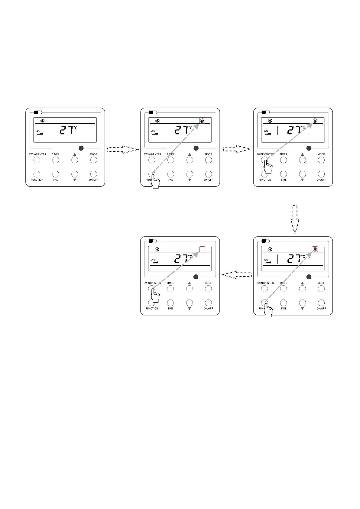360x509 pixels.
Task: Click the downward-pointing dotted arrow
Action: (x=295, y=219)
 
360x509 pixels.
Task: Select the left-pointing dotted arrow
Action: (x=237, y=275)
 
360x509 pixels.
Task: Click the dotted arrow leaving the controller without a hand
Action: (x=123, y=149)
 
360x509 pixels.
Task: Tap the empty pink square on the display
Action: (x=202, y=249)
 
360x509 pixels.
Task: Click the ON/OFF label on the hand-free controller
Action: (x=93, y=180)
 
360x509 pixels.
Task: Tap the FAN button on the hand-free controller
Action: (x=56, y=174)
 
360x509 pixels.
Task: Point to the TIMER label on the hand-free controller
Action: (x=56, y=154)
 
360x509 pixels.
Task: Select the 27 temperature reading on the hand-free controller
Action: (x=66, y=130)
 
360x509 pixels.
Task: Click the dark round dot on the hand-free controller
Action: (x=81, y=148)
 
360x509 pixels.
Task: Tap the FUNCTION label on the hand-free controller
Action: (x=37, y=180)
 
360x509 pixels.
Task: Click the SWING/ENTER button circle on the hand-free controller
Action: (x=37, y=160)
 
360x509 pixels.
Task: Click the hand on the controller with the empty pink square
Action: (x=155, y=296)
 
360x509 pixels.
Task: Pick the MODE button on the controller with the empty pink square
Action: (x=208, y=289)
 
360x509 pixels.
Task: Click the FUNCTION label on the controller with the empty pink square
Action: (x=152, y=309)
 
